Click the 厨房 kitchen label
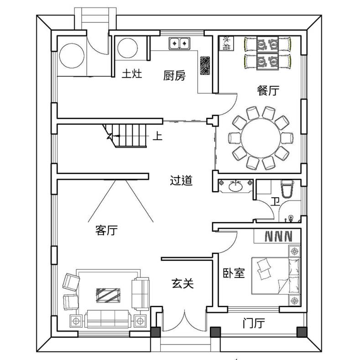[x=174, y=76]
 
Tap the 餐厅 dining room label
[x=268, y=90]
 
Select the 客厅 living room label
[x=106, y=230]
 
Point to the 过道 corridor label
[x=181, y=181]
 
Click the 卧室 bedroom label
[x=234, y=273]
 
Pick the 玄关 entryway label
[x=183, y=283]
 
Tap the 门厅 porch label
[x=254, y=323]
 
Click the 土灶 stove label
[x=132, y=74]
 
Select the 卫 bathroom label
[x=275, y=202]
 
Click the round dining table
[x=261, y=138]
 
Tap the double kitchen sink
[x=179, y=43]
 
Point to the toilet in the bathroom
[x=287, y=189]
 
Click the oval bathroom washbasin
[x=235, y=186]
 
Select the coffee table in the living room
[x=108, y=296]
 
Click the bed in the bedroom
[x=276, y=276]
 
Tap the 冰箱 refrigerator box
[x=226, y=43]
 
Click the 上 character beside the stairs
[x=157, y=136]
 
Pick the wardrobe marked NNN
[x=277, y=236]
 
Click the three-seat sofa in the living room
[x=108, y=319]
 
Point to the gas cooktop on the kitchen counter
[x=205, y=65]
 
